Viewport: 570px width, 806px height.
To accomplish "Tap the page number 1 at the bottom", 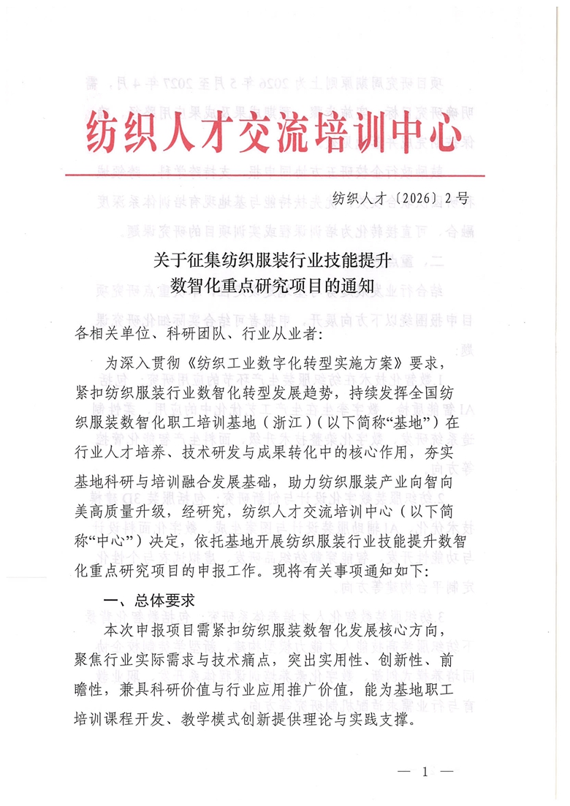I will (424, 772).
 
